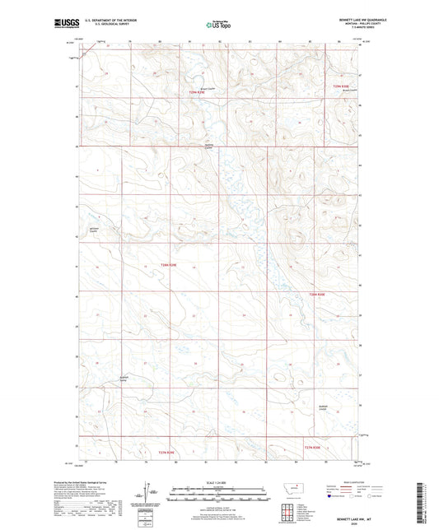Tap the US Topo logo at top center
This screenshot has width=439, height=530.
point(218,26)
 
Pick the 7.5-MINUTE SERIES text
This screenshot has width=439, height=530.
point(360,28)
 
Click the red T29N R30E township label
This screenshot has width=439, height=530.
point(342,85)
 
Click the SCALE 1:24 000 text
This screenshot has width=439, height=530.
point(219,482)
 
